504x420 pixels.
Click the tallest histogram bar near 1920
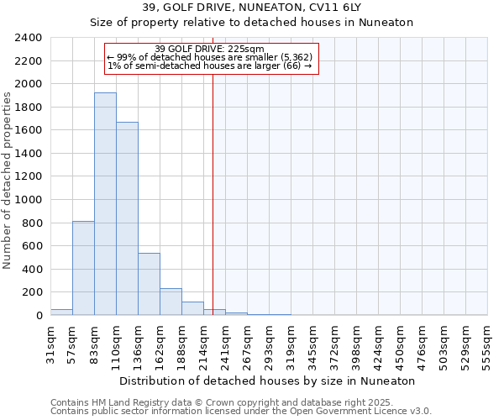click(x=105, y=204)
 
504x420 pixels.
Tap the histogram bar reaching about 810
click(x=83, y=268)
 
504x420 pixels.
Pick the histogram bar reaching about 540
click(x=149, y=284)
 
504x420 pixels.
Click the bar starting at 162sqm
click(x=171, y=302)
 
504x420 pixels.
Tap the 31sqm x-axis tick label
click(x=50, y=344)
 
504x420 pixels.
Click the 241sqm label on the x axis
click(x=225, y=344)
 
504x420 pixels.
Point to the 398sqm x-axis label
click(x=356, y=344)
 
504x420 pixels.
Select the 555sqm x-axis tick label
click(x=487, y=344)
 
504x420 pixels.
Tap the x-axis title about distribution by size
click(x=268, y=381)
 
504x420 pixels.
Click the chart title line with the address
click(x=251, y=8)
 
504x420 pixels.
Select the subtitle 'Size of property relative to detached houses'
click(x=251, y=23)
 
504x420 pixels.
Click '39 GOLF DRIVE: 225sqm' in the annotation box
click(x=210, y=50)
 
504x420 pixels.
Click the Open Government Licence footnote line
click(x=241, y=411)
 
